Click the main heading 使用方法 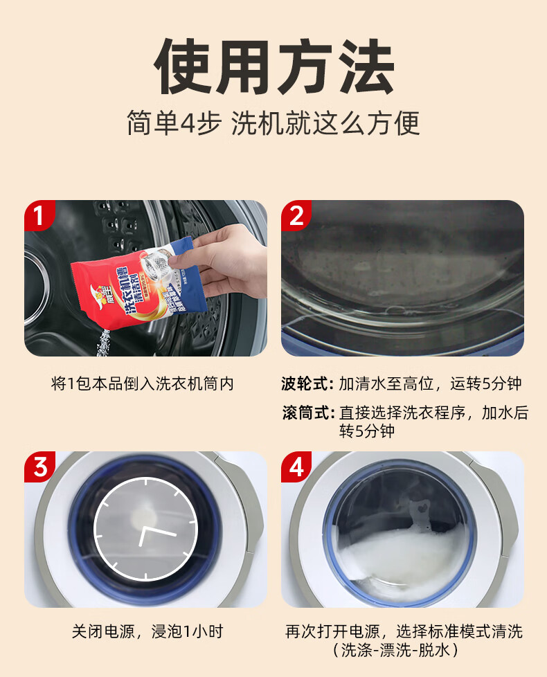273,68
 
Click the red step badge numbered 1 39,215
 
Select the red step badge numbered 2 296,215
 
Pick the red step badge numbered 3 39,467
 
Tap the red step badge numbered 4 296,467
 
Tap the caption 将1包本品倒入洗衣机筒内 143,383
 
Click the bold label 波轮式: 308,383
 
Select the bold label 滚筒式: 308,413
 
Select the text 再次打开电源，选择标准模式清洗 404,631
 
